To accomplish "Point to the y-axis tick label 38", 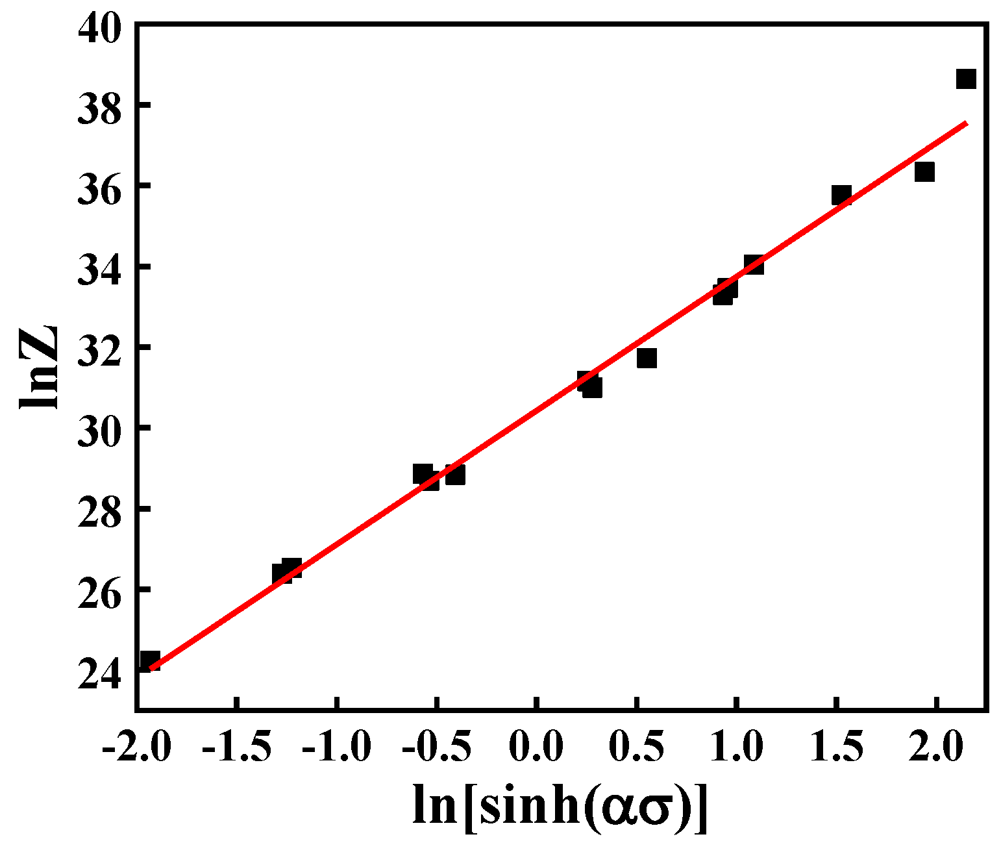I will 99,106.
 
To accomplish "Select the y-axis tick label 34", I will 99,268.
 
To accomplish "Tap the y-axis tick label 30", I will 99,429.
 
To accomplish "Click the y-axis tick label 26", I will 99,590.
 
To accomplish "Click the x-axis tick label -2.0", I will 136,747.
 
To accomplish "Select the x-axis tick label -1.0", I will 336,747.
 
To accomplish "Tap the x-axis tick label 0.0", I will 536,747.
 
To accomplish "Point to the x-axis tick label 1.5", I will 836,747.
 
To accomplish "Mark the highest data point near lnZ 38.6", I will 966,79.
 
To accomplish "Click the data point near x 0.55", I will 647,358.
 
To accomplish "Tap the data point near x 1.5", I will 841,195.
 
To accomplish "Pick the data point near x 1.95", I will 924,172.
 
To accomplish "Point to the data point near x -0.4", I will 455,475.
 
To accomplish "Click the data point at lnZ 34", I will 754,264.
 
